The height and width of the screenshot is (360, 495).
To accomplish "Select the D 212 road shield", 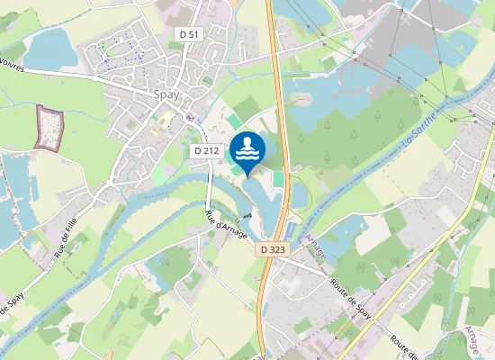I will click(206, 151).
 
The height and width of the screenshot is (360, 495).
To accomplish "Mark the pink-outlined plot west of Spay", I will click(50, 126).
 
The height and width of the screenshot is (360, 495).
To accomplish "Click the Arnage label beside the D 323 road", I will click(316, 244).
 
